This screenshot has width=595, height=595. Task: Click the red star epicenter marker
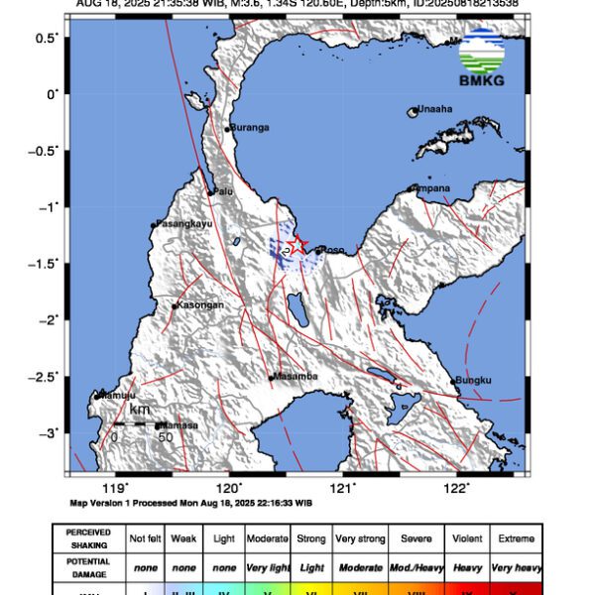click(x=297, y=245)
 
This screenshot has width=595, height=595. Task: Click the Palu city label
click(x=224, y=191)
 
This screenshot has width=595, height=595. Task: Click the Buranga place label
click(x=250, y=127)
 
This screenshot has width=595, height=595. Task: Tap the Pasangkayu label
click(x=181, y=225)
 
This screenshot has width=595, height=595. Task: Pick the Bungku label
click(x=472, y=381)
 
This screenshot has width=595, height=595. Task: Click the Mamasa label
click(x=178, y=425)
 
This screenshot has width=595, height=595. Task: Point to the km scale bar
click(x=139, y=423)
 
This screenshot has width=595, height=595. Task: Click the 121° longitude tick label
click(x=343, y=487)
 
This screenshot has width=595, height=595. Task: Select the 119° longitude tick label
click(x=116, y=487)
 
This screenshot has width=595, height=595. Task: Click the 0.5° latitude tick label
click(x=46, y=37)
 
